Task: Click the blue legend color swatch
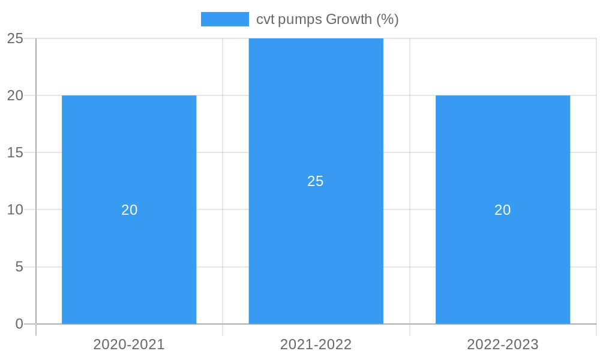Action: [224, 19]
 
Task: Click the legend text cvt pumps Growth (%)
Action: [327, 19]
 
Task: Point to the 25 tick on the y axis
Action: [15, 38]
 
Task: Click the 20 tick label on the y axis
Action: [15, 95]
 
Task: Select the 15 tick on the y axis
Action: [15, 152]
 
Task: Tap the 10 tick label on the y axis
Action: [15, 209]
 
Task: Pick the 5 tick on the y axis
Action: [19, 266]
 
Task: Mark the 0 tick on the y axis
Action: [19, 324]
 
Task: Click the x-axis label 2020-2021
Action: [129, 344]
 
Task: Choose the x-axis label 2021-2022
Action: [316, 344]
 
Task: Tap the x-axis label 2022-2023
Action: [503, 344]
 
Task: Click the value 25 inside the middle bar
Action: [316, 181]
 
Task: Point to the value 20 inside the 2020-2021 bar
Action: [129, 210]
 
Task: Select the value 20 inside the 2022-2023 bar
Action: [503, 210]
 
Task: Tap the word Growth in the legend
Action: [349, 19]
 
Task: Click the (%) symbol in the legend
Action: [388, 19]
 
